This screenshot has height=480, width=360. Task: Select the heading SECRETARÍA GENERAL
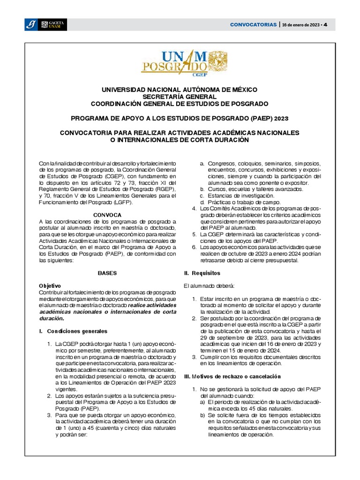coord(180,96)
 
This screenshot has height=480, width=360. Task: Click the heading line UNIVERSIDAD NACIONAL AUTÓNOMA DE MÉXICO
coord(180,89)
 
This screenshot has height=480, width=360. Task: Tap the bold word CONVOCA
coord(107,215)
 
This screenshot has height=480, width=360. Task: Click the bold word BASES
coord(107,273)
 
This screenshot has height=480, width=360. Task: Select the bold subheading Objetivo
coord(50,285)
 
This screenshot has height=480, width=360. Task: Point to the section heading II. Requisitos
coord(202,273)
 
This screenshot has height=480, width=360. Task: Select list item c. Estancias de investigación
coord(240,195)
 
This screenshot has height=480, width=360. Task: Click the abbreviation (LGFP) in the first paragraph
coord(123,202)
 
